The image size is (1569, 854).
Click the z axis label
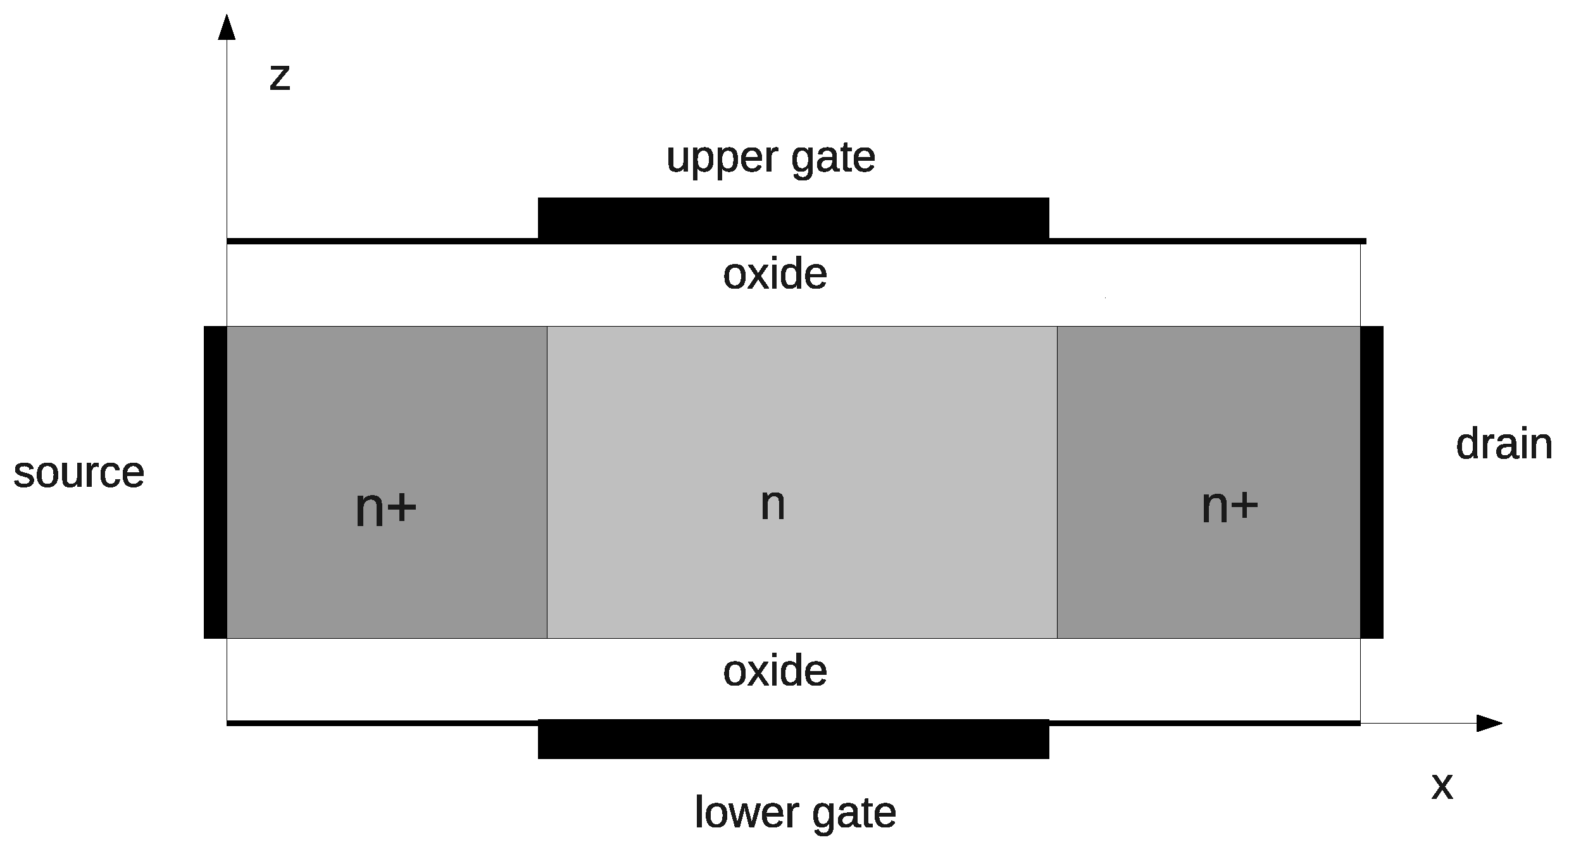(280, 78)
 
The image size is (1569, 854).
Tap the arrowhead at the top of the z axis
(227, 27)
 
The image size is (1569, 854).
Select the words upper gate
(770, 158)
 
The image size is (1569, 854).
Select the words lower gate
(795, 813)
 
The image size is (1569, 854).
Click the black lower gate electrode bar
(793, 739)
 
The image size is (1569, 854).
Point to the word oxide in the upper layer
(775, 275)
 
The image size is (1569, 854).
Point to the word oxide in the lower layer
(775, 671)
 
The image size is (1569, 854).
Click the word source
(78, 473)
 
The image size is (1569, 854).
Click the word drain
(1504, 444)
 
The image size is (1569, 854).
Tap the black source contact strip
(215, 482)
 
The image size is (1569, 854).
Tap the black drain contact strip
(1372, 482)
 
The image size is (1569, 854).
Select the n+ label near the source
(385, 508)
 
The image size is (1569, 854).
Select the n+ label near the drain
(1229, 506)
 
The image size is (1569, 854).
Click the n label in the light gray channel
(772, 505)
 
